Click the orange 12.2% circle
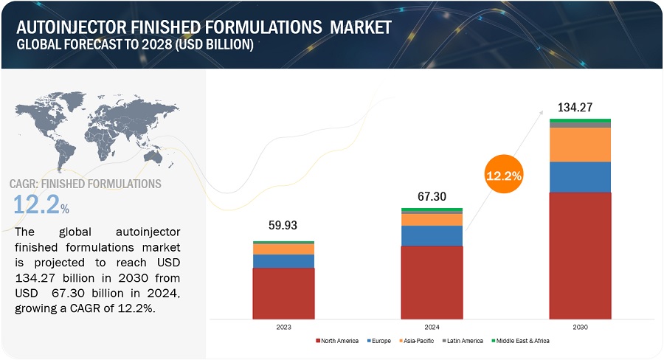pos(504,176)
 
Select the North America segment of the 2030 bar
pos(580,255)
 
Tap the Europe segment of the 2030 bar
pos(580,177)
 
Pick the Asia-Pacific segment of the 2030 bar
pos(580,145)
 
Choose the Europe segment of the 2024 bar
pos(432,235)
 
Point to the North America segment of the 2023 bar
pos(283,293)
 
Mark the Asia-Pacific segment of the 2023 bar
pos(283,249)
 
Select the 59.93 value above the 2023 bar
pos(283,226)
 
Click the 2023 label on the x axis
pos(284,326)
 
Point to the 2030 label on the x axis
pos(580,326)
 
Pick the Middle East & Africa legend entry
pos(522,341)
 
